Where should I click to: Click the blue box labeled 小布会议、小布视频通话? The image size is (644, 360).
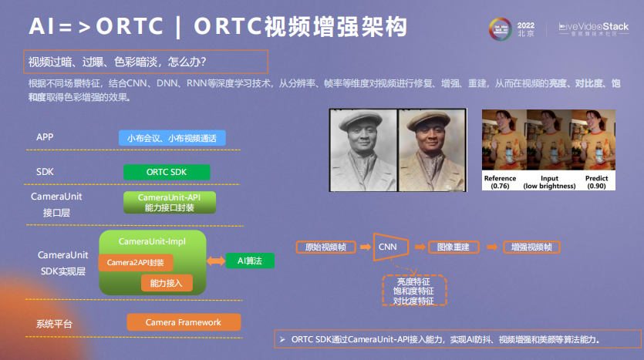[172, 138]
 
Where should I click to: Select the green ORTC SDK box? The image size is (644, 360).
[166, 172]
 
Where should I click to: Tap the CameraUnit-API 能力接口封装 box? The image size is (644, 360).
[170, 203]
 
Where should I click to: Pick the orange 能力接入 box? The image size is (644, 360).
[167, 283]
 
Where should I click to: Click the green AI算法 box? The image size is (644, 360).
[250, 261]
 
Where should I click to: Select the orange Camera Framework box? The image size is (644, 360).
[183, 322]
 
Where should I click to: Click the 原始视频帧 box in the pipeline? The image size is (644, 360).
[325, 247]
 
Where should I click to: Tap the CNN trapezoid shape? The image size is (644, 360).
[388, 247]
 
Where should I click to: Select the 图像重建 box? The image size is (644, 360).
[453, 247]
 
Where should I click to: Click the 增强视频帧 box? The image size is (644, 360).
[532, 247]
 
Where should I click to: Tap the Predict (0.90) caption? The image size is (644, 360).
[596, 182]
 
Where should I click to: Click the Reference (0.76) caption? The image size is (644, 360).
[500, 182]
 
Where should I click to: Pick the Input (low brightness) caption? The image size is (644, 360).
[549, 182]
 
